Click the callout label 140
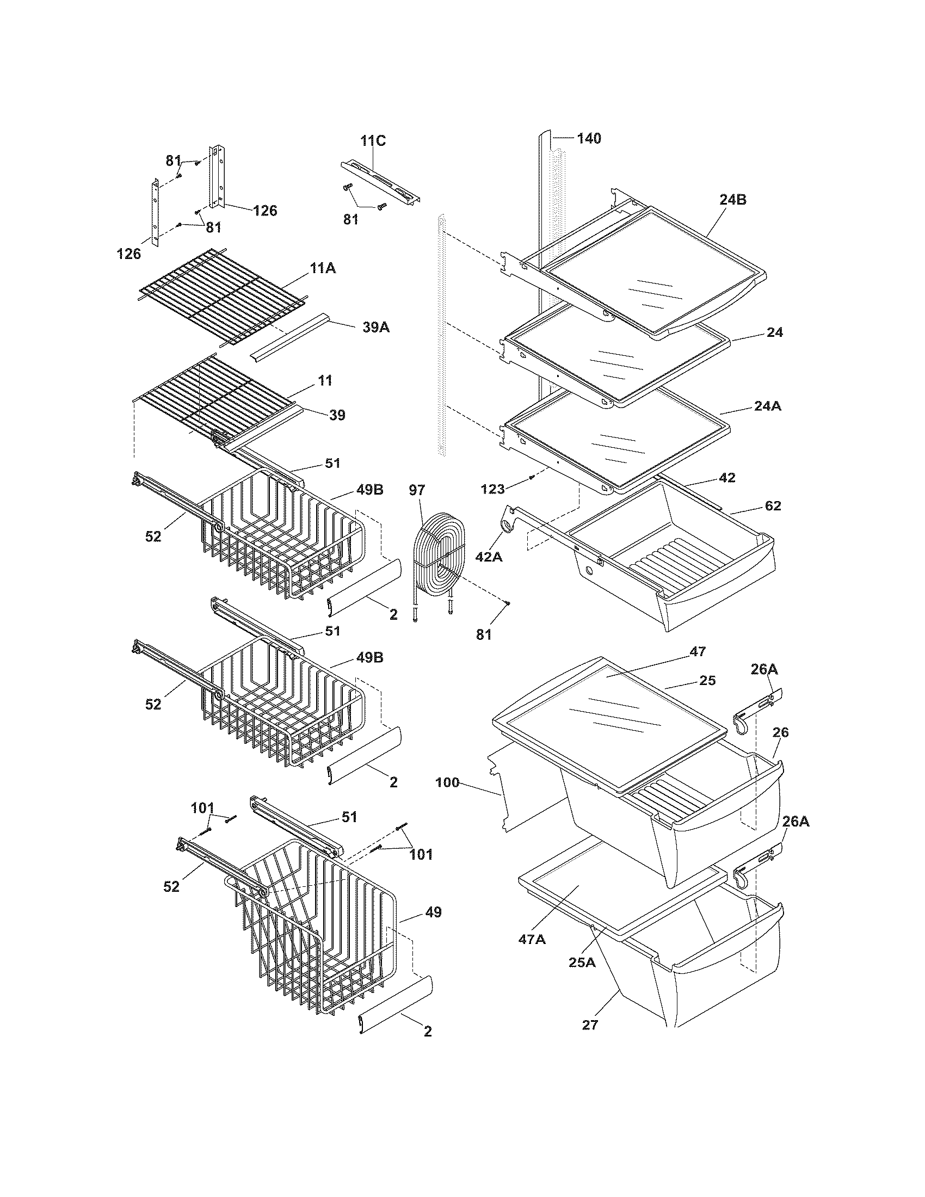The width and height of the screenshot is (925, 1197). click(x=589, y=138)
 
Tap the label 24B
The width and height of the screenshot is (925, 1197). click(x=733, y=200)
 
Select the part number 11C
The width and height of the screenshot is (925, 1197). click(x=373, y=141)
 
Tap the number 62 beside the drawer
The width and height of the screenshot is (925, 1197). click(x=773, y=505)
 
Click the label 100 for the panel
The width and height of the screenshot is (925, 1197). click(x=447, y=782)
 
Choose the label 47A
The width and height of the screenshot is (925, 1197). click(x=532, y=939)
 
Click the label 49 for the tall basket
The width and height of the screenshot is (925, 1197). click(x=433, y=912)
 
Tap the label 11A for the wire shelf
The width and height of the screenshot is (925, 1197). click(x=323, y=268)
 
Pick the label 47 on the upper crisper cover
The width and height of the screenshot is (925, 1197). click(x=698, y=652)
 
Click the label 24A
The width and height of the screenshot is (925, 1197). click(x=768, y=406)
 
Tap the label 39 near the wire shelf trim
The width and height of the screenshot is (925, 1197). click(x=337, y=415)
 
